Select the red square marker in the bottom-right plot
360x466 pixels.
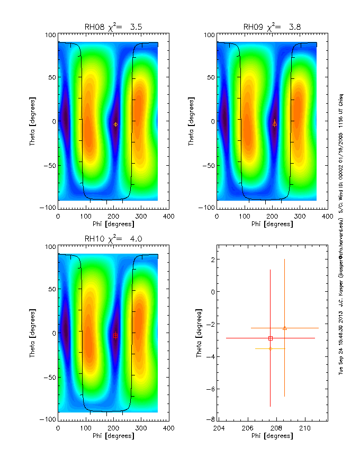271,338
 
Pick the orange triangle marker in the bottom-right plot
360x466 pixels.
285,328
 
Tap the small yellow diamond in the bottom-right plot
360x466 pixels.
271,348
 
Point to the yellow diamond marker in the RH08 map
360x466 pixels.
115,124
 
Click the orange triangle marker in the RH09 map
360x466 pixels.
274,123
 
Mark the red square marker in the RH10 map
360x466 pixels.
115,335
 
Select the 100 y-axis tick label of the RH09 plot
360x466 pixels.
208,35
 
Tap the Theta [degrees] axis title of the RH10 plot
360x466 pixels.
32,333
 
